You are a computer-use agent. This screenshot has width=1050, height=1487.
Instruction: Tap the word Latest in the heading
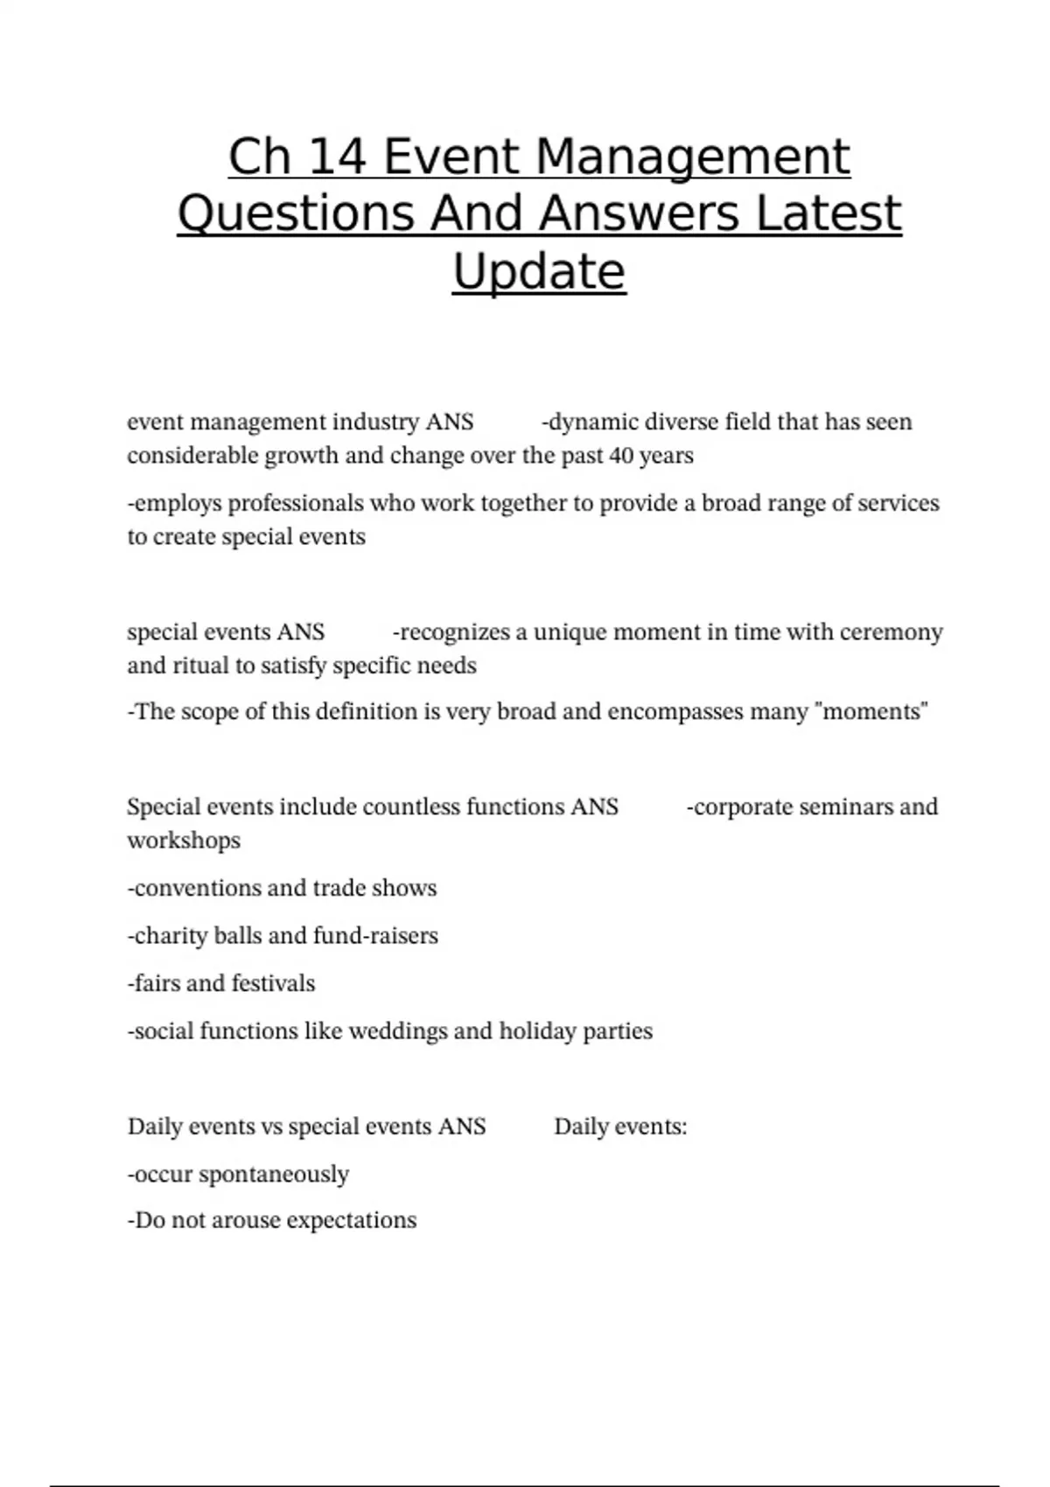pos(828,214)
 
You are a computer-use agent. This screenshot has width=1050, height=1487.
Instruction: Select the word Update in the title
pos(539,271)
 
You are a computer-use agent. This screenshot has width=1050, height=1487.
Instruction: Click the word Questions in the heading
pos(296,214)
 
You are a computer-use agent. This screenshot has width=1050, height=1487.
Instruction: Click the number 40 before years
pos(621,456)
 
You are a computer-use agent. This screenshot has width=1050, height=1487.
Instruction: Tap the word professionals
pos(296,504)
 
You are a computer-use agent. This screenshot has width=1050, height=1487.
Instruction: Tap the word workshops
pos(184,841)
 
